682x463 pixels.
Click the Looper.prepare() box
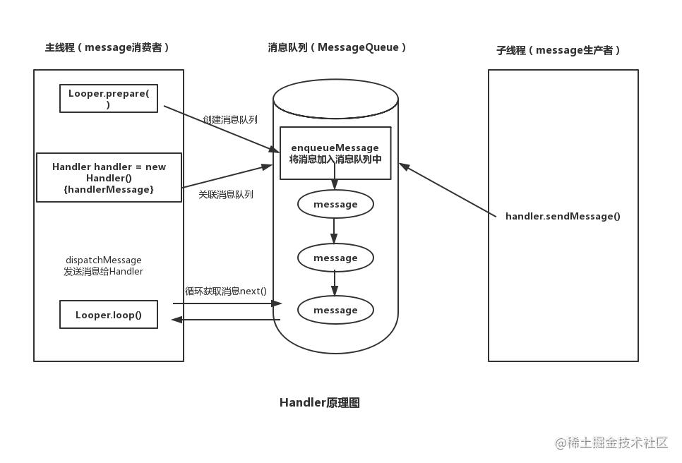(x=108, y=98)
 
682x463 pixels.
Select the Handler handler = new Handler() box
(x=109, y=178)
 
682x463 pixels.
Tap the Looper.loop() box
(x=108, y=315)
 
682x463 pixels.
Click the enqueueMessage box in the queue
(x=335, y=153)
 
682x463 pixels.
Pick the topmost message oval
(x=335, y=205)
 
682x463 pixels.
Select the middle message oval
(x=335, y=258)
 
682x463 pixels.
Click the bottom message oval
(x=335, y=310)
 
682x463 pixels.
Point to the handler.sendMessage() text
(x=563, y=216)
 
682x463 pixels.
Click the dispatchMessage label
(x=103, y=265)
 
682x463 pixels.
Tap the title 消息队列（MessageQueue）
(x=337, y=48)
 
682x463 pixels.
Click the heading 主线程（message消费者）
(x=108, y=48)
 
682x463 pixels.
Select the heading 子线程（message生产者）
(x=559, y=50)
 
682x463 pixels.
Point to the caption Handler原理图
(x=320, y=403)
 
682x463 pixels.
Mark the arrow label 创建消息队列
(x=229, y=120)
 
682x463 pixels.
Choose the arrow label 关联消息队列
(x=225, y=194)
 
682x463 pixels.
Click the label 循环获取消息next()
(x=225, y=291)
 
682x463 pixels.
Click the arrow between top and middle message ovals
(x=335, y=230)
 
